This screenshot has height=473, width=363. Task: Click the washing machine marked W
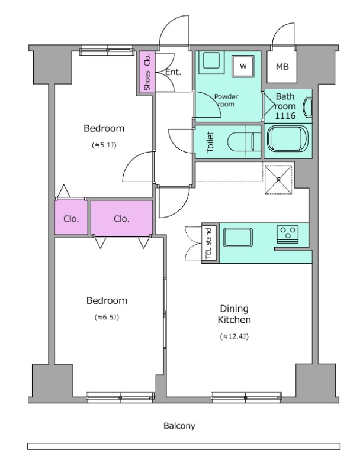[x=243, y=66]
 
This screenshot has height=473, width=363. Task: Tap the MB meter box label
[x=282, y=67]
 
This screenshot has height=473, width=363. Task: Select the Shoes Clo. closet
[x=147, y=72]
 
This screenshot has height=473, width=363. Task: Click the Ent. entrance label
[x=173, y=72]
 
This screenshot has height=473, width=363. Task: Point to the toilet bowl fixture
[x=244, y=142]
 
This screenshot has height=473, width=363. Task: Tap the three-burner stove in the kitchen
[x=287, y=234]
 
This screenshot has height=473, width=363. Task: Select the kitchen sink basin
[x=238, y=237]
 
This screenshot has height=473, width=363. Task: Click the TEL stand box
[x=209, y=243]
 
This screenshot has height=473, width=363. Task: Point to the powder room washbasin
[x=211, y=61]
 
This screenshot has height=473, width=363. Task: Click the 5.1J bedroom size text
[x=104, y=145]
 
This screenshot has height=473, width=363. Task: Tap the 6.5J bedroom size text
[x=107, y=317]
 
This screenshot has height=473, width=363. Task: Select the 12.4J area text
[x=234, y=336]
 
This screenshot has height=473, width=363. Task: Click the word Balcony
[x=179, y=426]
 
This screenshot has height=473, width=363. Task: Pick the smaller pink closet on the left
[x=71, y=217]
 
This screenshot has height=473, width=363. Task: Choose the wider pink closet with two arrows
[x=122, y=218]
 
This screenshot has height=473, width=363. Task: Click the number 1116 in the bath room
[x=285, y=115]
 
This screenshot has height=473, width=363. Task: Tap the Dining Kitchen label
[x=234, y=314]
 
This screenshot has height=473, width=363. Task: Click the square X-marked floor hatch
[x=278, y=180]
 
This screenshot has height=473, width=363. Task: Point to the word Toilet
[x=210, y=142]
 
